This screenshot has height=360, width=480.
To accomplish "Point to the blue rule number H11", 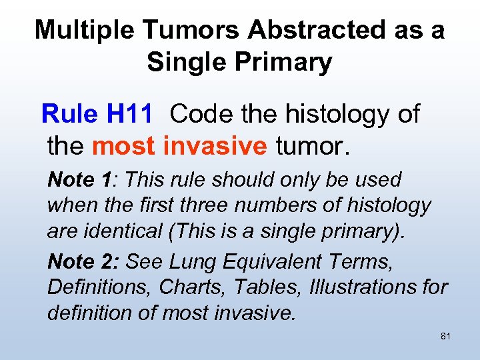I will click(129, 115).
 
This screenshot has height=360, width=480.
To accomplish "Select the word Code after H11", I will click(200, 115).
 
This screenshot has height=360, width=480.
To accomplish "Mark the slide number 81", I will click(445, 337).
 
